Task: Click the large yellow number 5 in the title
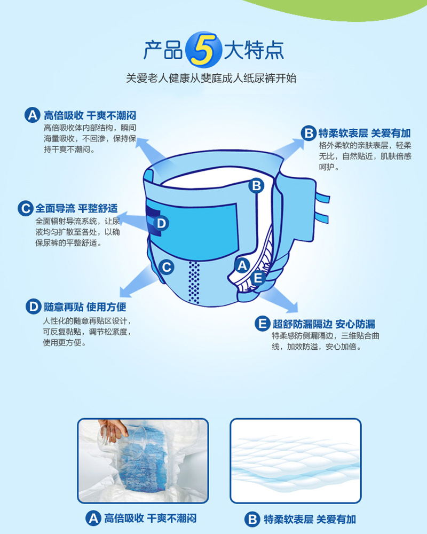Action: coord(203,50)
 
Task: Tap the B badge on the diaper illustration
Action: coord(256,186)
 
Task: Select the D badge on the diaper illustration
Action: coord(161,223)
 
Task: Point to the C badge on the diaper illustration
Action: coord(167,268)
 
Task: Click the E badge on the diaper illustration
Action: coord(258,278)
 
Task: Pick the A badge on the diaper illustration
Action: coord(242,265)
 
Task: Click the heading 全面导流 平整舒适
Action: coord(77,208)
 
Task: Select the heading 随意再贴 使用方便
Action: coord(85,307)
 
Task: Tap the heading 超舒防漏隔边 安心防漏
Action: coord(324,324)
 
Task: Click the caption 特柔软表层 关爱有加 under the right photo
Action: coord(310,520)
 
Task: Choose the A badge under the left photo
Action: coord(93,519)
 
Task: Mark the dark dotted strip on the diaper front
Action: coord(194,282)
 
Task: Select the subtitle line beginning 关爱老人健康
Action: coord(211,78)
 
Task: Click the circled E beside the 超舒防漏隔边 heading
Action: coord(263,323)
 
